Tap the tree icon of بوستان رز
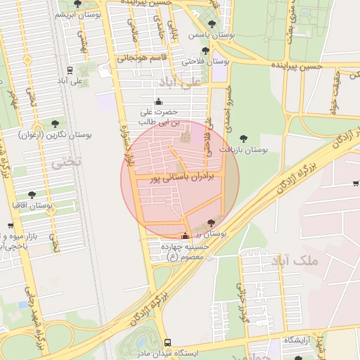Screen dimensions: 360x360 (x=212, y=223)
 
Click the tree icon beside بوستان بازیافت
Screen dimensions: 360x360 (x=243, y=139)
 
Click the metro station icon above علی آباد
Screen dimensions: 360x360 (x=70, y=70)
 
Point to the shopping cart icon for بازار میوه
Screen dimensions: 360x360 (x=10, y=226)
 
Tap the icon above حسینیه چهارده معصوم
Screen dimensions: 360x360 (x=185, y=236)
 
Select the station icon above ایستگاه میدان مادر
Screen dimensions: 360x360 (x=167, y=342)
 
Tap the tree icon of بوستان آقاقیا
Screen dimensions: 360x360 (x=32, y=195)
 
